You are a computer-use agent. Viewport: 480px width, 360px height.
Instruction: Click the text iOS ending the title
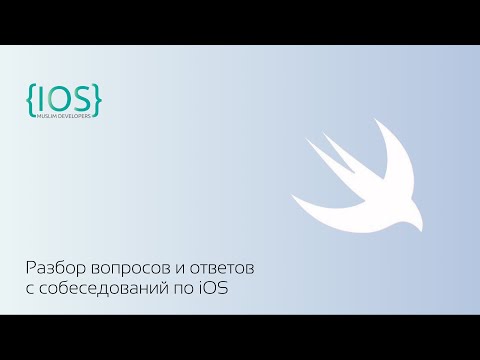pyautogui.click(x=225, y=291)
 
